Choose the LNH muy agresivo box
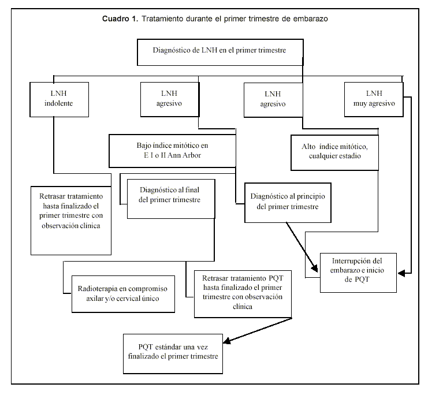(373, 99)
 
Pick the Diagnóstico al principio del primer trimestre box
(288, 202)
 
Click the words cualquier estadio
(334, 156)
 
